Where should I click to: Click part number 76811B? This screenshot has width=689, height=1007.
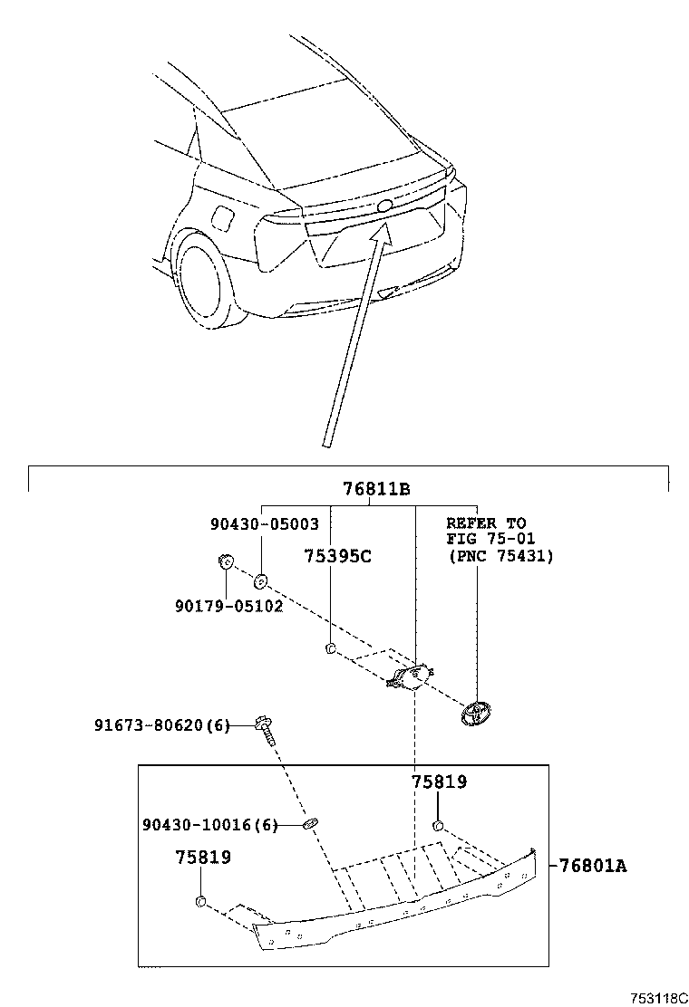(x=376, y=490)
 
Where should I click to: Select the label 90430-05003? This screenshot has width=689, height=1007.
(x=264, y=524)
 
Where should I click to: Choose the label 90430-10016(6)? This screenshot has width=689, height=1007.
(x=209, y=824)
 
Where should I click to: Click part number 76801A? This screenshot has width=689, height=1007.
(x=592, y=865)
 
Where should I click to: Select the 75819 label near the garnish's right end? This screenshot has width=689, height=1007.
(x=439, y=782)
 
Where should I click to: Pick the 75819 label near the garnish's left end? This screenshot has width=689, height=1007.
(x=202, y=857)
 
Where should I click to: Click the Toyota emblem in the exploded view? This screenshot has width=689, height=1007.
(x=474, y=713)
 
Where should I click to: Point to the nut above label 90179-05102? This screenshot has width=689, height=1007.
(x=226, y=564)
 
